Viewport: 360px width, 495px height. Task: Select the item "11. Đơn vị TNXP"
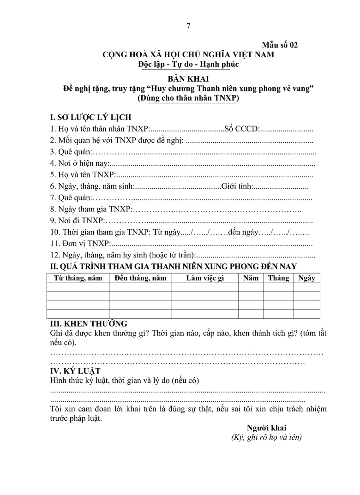pyautogui.click(x=80, y=244)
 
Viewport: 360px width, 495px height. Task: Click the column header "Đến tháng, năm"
pyautogui.click(x=140, y=278)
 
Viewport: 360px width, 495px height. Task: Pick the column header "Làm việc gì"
pyautogui.click(x=205, y=278)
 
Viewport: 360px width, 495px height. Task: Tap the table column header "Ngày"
pyautogui.click(x=306, y=278)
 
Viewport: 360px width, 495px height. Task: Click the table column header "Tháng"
pyautogui.click(x=278, y=278)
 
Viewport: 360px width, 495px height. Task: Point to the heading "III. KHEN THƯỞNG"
pyautogui.click(x=89, y=324)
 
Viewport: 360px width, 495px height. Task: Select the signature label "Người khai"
pyautogui.click(x=266, y=428)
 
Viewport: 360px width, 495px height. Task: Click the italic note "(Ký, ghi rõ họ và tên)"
pyautogui.click(x=266, y=437)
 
